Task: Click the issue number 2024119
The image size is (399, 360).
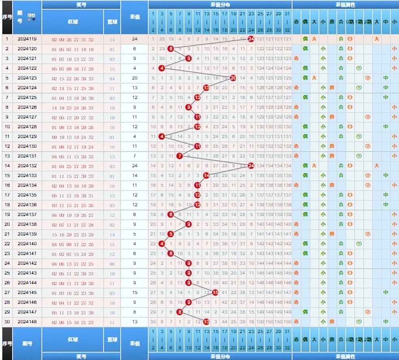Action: click(x=27, y=39)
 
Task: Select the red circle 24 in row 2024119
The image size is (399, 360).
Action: click(x=251, y=39)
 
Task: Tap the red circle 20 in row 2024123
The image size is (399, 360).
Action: click(x=233, y=78)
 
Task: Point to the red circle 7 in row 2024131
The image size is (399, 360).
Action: click(x=180, y=156)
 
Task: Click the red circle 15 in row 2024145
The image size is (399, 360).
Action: click(x=215, y=292)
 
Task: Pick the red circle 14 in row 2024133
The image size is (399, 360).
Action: click(x=206, y=175)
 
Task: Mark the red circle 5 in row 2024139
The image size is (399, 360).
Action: click(x=171, y=234)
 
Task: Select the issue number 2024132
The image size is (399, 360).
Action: click(x=27, y=165)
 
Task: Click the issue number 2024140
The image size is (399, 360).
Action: click(x=27, y=243)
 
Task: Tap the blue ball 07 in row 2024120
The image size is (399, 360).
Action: click(x=112, y=49)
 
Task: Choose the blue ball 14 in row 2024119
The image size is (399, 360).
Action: click(x=112, y=39)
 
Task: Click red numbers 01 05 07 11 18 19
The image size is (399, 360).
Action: click(x=73, y=49)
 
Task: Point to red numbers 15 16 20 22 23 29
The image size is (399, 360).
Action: click(x=73, y=234)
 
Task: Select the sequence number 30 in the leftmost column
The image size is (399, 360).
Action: click(x=7, y=321)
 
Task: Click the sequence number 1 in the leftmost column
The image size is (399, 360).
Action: click(x=7, y=39)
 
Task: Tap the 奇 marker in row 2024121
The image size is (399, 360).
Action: click(x=296, y=59)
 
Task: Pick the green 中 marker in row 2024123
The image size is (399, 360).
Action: click(x=385, y=78)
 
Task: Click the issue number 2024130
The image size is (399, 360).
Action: click(x=27, y=146)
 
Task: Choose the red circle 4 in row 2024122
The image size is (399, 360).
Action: click(x=162, y=68)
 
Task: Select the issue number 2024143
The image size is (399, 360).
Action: click(x=27, y=273)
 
